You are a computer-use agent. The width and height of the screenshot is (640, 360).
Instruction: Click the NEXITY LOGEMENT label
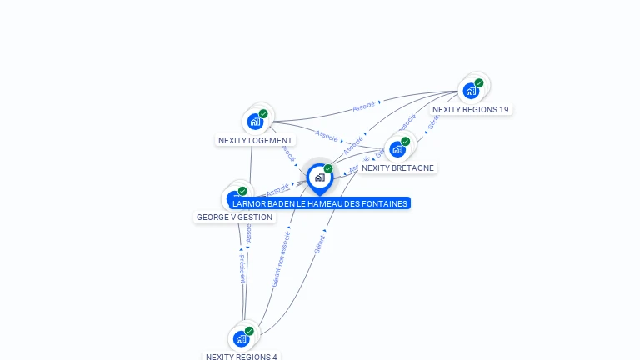pos(255,141)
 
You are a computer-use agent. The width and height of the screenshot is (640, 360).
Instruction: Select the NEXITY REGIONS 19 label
pos(471,109)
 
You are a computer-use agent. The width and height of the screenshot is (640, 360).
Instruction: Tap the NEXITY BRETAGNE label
pos(397,167)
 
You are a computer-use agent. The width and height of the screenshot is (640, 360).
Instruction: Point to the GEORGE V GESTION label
pos(234,217)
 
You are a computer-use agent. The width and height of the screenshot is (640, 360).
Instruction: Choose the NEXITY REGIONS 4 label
pos(242,357)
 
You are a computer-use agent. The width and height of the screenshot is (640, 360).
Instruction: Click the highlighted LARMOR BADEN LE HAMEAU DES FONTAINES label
pos(320,203)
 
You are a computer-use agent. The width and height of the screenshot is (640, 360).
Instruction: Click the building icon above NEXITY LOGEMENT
pos(255,121)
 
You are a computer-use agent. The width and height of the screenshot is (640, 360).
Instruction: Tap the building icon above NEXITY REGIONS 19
pos(471,90)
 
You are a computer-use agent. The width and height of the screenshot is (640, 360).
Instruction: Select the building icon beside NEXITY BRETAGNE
pos(397,149)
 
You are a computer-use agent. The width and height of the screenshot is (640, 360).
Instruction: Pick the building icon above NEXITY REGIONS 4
pos(241,338)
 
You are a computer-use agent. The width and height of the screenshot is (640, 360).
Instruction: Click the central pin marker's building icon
pos(319,177)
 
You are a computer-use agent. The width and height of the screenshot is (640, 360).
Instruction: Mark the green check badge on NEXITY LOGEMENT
pos(263,113)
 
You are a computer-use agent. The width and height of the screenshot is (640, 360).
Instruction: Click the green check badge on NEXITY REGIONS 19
pos(479,82)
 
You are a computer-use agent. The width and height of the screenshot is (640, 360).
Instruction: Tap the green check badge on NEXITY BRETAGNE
pos(406,141)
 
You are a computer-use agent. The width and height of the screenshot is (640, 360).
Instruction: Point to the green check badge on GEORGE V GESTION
pos(242,191)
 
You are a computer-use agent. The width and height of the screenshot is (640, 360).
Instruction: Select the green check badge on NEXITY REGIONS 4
pos(249,331)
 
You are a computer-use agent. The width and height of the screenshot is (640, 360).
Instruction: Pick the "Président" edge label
pos(242,269)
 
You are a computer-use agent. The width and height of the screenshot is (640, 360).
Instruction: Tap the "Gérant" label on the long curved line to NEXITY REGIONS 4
pos(320,244)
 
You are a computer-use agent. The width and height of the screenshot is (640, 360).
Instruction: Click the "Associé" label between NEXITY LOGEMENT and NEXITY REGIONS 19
pos(364,106)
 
